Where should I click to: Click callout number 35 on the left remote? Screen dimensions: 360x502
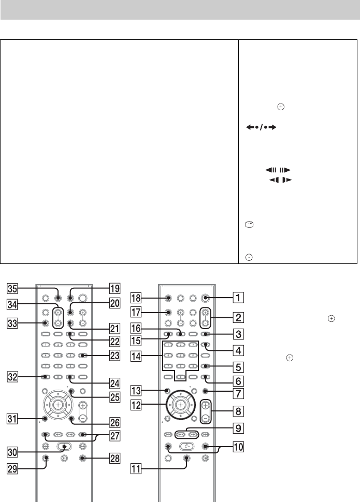(x=12, y=288)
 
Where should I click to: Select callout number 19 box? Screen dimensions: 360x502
(x=114, y=288)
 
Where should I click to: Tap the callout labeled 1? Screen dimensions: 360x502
(x=238, y=298)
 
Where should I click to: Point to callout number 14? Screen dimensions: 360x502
(x=136, y=356)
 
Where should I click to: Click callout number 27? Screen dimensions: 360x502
(x=115, y=436)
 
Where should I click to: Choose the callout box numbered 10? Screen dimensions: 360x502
(x=238, y=447)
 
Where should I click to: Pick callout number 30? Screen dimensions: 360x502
(x=12, y=452)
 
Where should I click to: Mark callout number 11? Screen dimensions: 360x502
(x=136, y=469)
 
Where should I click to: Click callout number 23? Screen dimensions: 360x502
(x=115, y=356)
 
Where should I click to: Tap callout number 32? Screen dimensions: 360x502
(x=12, y=377)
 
